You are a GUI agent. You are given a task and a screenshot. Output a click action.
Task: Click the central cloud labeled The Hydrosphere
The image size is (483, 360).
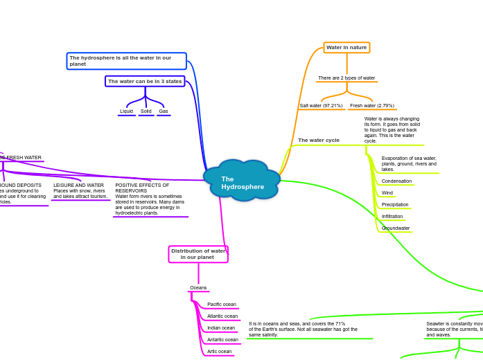242,183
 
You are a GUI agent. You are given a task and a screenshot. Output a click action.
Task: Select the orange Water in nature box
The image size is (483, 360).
346,48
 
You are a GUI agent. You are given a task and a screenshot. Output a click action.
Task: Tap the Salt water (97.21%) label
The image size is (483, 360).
321,106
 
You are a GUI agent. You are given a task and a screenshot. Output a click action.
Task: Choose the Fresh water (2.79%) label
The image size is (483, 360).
372,106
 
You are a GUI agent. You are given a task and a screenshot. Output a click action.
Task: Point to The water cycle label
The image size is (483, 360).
319,141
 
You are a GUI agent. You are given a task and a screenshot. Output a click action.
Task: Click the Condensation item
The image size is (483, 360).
396,181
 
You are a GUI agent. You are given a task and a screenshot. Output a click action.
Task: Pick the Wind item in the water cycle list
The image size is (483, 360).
387,193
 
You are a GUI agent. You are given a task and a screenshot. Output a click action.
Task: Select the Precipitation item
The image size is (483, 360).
395,205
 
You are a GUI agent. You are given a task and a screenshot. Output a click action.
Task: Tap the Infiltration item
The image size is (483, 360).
392,217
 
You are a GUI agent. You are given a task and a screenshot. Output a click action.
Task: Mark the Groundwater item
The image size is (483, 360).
396,228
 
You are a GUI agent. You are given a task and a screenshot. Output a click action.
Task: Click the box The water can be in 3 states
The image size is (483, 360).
145,82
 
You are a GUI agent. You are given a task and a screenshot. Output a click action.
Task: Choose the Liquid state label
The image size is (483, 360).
126,111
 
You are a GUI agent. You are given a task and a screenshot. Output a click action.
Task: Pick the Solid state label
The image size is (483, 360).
146,111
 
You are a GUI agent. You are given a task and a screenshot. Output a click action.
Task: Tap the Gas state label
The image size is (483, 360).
164,111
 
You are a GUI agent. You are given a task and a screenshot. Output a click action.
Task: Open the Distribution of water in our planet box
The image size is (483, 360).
198,254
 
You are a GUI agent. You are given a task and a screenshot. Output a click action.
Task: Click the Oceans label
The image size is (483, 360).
198,288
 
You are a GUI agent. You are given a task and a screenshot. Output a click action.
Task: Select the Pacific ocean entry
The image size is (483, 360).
222,305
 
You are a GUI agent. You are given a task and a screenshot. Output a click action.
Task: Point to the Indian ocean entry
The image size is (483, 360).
221,328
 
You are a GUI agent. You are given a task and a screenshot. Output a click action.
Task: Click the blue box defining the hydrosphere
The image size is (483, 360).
126,61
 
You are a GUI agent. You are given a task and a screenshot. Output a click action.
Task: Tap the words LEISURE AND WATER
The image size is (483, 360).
79,186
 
